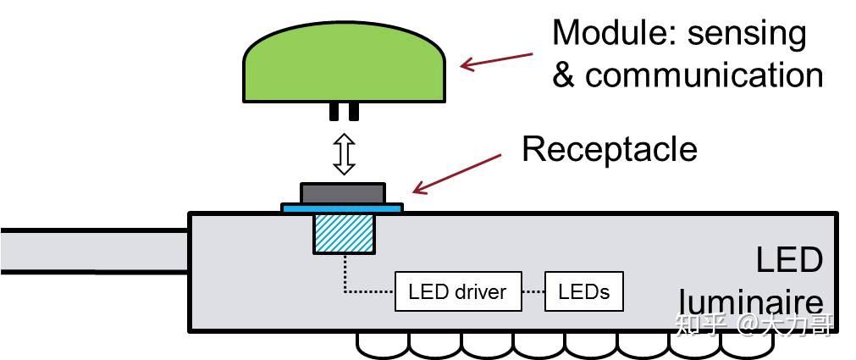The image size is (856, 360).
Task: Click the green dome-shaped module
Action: (344, 63)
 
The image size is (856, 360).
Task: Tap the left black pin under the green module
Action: (334, 111)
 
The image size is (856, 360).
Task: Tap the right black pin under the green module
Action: (354, 111)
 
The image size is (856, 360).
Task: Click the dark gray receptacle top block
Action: (343, 193)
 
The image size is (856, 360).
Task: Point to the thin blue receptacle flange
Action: (342, 208)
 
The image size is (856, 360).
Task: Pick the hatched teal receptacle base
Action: (344, 233)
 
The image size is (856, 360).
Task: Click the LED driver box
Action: (458, 291)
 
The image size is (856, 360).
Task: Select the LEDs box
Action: (584, 291)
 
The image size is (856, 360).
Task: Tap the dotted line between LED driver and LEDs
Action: (533, 291)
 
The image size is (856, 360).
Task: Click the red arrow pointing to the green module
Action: (496, 61)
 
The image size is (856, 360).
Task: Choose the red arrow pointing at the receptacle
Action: (456, 174)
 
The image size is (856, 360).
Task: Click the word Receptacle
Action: (610, 149)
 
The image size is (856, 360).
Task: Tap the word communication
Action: (704, 75)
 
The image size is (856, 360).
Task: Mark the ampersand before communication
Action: (563, 75)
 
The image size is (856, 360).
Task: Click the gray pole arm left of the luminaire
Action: (94, 251)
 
